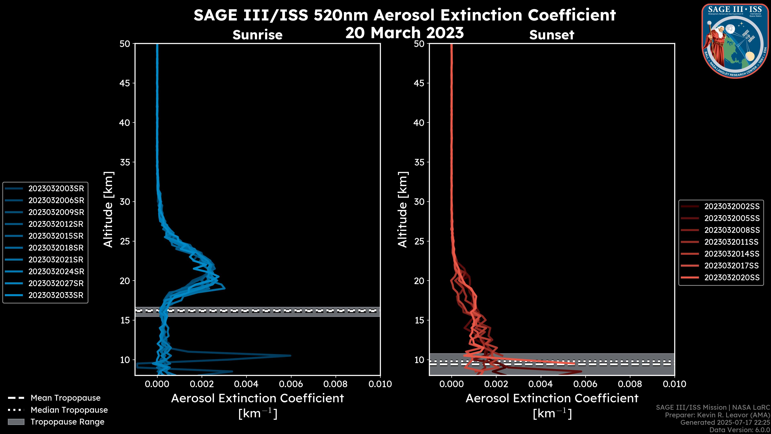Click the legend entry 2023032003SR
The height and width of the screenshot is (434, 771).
coord(56,188)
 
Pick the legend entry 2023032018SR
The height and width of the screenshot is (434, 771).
coord(56,248)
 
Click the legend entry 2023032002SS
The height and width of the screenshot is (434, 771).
coord(732,206)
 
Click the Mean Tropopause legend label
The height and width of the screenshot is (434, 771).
coord(65,398)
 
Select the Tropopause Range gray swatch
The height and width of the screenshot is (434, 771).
coord(16,422)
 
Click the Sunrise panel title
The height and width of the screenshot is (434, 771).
coord(257,35)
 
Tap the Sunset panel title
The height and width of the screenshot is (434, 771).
coord(552,35)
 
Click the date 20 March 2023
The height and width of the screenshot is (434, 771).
coord(404,33)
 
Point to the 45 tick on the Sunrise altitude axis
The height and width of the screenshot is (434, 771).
coord(125,83)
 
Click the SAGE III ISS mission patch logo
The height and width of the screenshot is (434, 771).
coord(734,41)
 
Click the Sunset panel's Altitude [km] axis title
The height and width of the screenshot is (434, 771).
coord(403,210)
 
